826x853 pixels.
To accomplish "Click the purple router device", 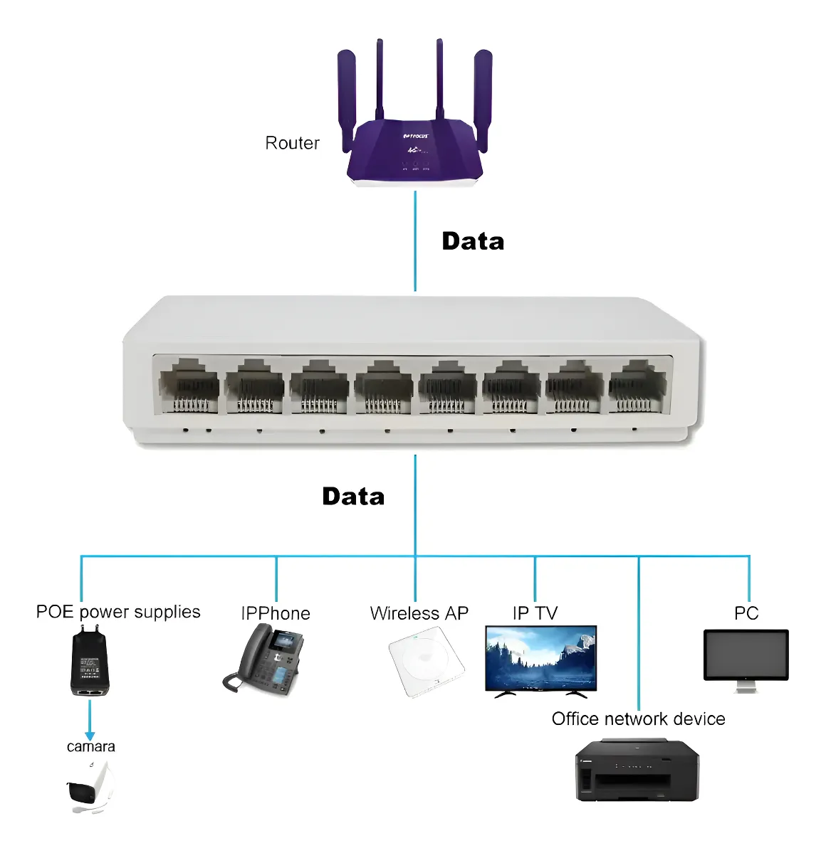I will point(414,149).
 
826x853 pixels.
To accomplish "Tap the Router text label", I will point(292,143).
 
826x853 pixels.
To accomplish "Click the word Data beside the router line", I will point(473,241).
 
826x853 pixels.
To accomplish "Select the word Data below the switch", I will point(353,497).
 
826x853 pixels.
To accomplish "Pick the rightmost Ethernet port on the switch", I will point(637,386).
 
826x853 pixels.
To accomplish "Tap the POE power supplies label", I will point(118,612).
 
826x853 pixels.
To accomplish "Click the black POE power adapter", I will point(90,662).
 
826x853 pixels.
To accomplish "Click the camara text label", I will point(90,747).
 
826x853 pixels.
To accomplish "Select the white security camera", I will point(90,787).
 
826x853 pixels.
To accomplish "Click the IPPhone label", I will point(276,613).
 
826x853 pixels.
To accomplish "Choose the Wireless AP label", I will point(419,613).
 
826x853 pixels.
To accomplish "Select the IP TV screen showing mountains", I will point(540,657).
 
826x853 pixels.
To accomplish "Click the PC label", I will point(746,613).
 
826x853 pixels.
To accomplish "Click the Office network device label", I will point(638,719).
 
